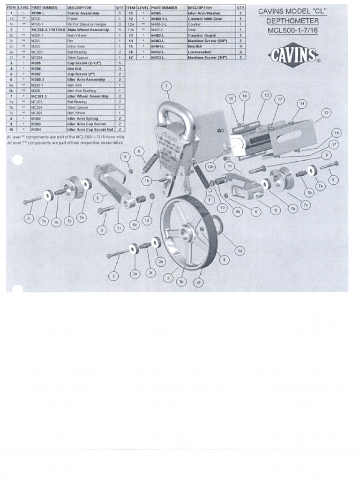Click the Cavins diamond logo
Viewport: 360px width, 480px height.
tap(293, 56)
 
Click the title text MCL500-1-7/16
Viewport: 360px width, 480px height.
tap(292, 30)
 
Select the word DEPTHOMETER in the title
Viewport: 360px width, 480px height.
tap(292, 21)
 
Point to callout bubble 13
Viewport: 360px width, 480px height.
tap(326, 113)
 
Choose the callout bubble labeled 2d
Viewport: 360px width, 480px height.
tap(240, 251)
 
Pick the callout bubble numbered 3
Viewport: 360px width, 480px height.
tap(113, 277)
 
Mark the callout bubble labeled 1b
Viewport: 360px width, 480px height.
tap(147, 180)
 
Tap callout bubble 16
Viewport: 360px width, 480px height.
tap(244, 96)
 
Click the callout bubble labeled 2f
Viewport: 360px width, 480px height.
tap(150, 272)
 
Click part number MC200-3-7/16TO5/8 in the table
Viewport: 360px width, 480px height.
tap(48, 30)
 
